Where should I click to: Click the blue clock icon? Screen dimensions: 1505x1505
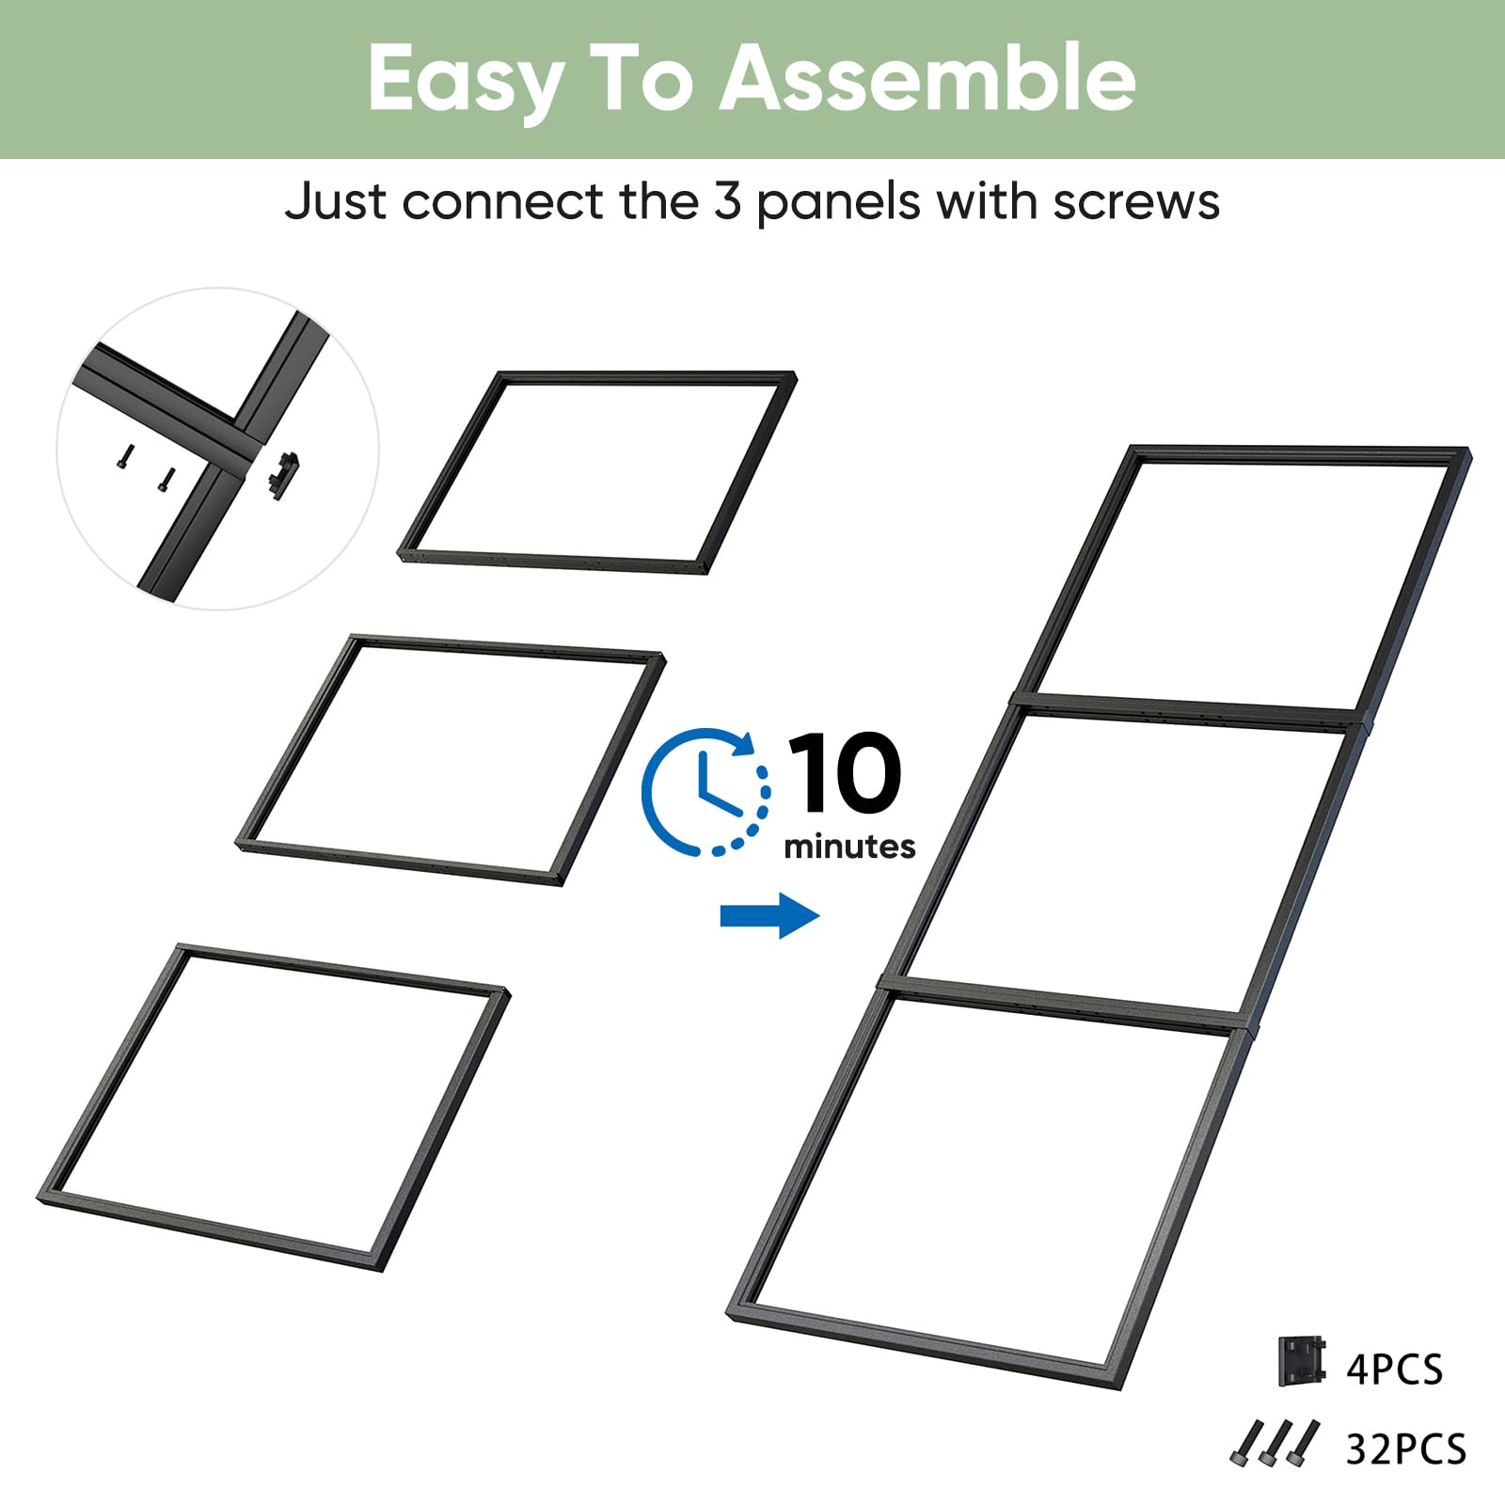(705, 792)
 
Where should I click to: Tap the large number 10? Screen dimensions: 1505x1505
(845, 773)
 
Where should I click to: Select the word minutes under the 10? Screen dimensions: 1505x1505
(849, 847)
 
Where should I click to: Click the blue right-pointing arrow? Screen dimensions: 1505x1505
(769, 915)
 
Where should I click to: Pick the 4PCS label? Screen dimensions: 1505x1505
(1394, 1370)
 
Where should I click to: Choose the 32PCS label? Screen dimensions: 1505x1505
(1406, 1450)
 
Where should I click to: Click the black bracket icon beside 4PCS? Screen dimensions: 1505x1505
(1302, 1360)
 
